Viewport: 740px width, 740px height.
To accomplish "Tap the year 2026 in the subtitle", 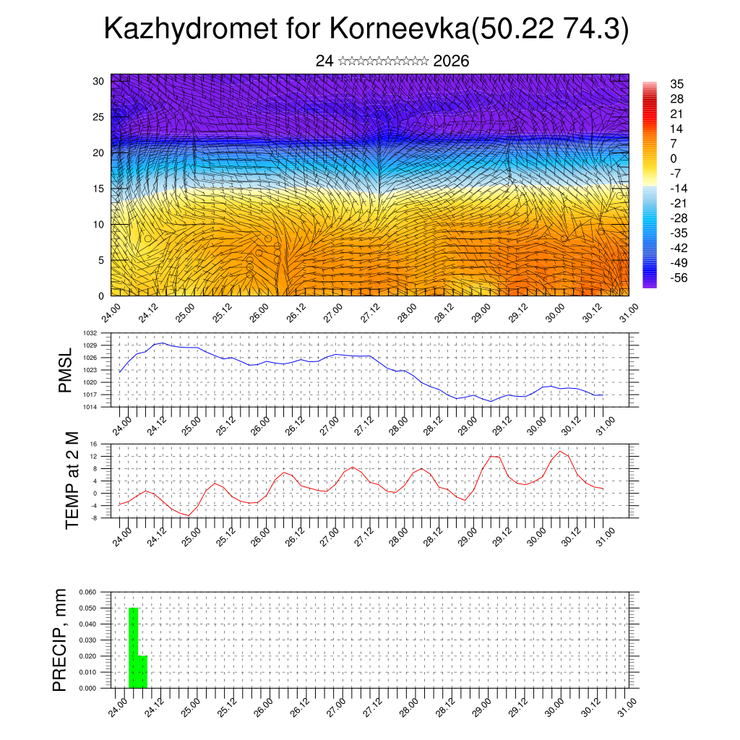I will tap(452, 61).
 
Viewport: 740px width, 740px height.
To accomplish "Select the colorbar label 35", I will tap(676, 85).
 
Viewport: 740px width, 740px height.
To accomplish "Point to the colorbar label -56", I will tap(679, 277).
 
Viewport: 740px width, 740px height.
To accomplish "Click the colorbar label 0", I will tap(674, 158).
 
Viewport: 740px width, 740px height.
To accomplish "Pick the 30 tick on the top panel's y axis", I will tap(98, 81).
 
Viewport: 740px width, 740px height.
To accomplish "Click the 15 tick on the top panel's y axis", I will tap(98, 189).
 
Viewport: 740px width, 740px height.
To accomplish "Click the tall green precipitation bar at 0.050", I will tap(133, 647).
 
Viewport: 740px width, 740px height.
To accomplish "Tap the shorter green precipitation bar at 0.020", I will tap(142, 671).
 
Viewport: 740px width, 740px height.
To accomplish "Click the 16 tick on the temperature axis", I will tap(94, 444).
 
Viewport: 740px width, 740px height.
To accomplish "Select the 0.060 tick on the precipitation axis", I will tap(87, 592).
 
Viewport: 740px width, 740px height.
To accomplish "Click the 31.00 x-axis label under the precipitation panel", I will tap(624, 707).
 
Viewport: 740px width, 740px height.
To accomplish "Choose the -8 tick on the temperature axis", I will tap(94, 517).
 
